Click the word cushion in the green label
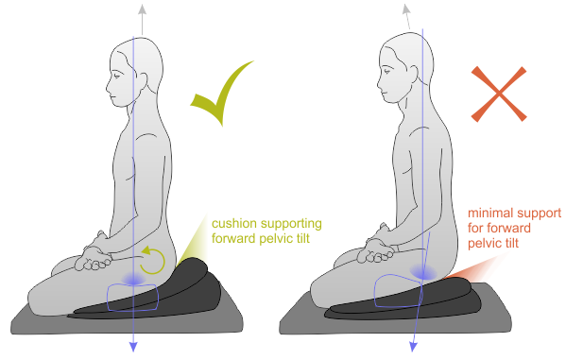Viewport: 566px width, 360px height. (x=233, y=224)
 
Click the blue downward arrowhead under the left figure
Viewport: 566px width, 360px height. (x=132, y=346)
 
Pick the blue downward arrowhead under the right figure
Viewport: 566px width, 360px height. (x=413, y=346)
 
